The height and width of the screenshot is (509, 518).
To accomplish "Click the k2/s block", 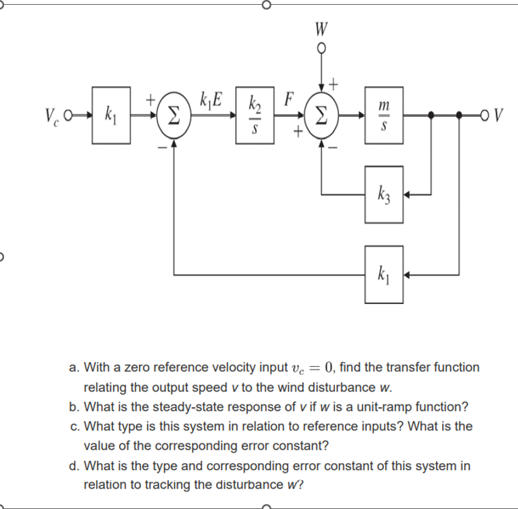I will coord(252,115).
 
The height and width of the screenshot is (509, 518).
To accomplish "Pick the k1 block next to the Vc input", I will coord(110,115).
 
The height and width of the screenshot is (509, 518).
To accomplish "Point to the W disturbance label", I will coord(321,29).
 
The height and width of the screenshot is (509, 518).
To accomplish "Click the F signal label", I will coord(288,98).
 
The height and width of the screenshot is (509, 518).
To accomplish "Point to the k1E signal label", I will coord(210,98).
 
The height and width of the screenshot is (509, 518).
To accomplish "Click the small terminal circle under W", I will coord(322,49).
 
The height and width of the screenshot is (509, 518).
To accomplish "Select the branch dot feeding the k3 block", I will coord(431,115).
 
